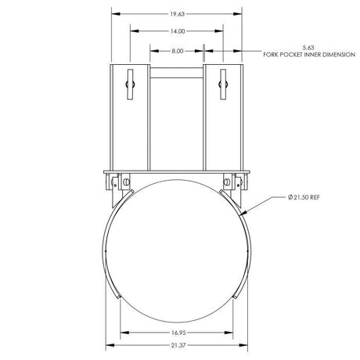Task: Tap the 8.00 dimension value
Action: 178,51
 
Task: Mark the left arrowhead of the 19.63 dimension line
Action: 112,13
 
